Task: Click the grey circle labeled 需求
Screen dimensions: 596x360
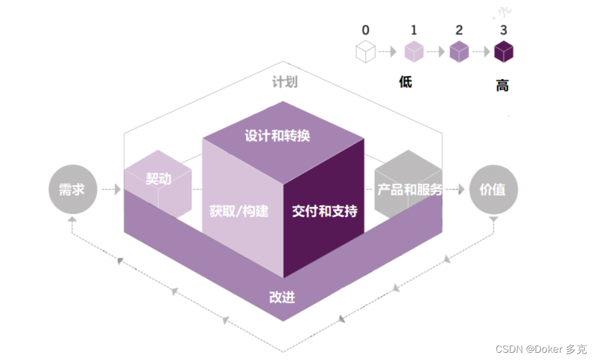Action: tap(72, 190)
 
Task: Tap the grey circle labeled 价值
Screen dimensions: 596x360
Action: tap(493, 190)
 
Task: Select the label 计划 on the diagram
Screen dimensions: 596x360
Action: tap(285, 81)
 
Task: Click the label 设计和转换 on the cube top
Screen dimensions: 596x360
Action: tap(277, 136)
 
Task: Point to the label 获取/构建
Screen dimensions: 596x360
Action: tap(239, 211)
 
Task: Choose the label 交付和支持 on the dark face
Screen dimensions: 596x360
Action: tap(325, 211)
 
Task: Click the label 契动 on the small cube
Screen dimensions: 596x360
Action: tap(158, 178)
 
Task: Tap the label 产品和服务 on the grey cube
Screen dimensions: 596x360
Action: tap(410, 190)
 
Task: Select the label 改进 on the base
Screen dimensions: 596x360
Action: tap(282, 297)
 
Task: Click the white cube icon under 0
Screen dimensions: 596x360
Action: tap(365, 52)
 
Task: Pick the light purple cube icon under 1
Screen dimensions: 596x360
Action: tap(414, 52)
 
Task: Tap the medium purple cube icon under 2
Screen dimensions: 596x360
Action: tap(459, 52)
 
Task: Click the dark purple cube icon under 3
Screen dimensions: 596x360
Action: tap(504, 52)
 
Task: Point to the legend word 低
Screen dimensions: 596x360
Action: tap(406, 81)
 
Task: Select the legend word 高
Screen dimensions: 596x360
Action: tap(502, 86)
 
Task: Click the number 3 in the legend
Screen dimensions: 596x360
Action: tap(504, 29)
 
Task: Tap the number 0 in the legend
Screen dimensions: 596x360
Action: tap(365, 29)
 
